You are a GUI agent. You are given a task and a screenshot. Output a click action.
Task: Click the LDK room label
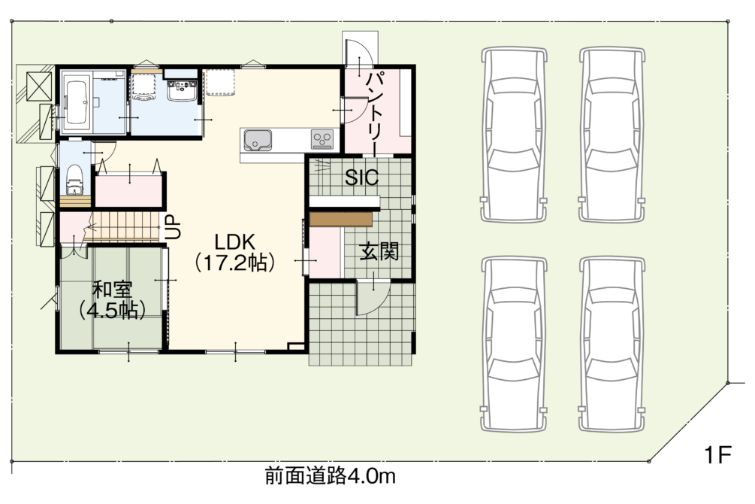coord(234,241)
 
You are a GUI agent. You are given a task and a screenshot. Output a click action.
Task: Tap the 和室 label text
coord(112,290)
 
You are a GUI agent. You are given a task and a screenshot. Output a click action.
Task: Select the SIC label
coord(361,178)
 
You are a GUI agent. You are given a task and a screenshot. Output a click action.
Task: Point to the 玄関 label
coord(379,251)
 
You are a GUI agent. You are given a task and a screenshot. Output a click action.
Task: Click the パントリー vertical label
coord(376,113)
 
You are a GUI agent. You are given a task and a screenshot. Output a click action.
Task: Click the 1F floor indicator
coord(717,454)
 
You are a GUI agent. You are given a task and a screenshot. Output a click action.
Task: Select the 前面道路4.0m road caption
coord(331,477)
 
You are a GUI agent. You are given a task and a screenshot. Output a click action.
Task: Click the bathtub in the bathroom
coord(77,102)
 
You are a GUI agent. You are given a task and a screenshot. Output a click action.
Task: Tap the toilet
coord(74,179)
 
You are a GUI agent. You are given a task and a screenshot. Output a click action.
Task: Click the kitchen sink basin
coord(257,141)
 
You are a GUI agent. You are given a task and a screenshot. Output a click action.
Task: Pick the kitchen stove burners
coord(322,140)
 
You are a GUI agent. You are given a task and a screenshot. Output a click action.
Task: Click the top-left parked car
coord(514,135)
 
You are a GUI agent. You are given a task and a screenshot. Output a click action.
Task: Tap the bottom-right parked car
coord(612,345)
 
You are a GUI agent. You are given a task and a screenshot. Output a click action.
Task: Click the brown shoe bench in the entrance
coord(341,220)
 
